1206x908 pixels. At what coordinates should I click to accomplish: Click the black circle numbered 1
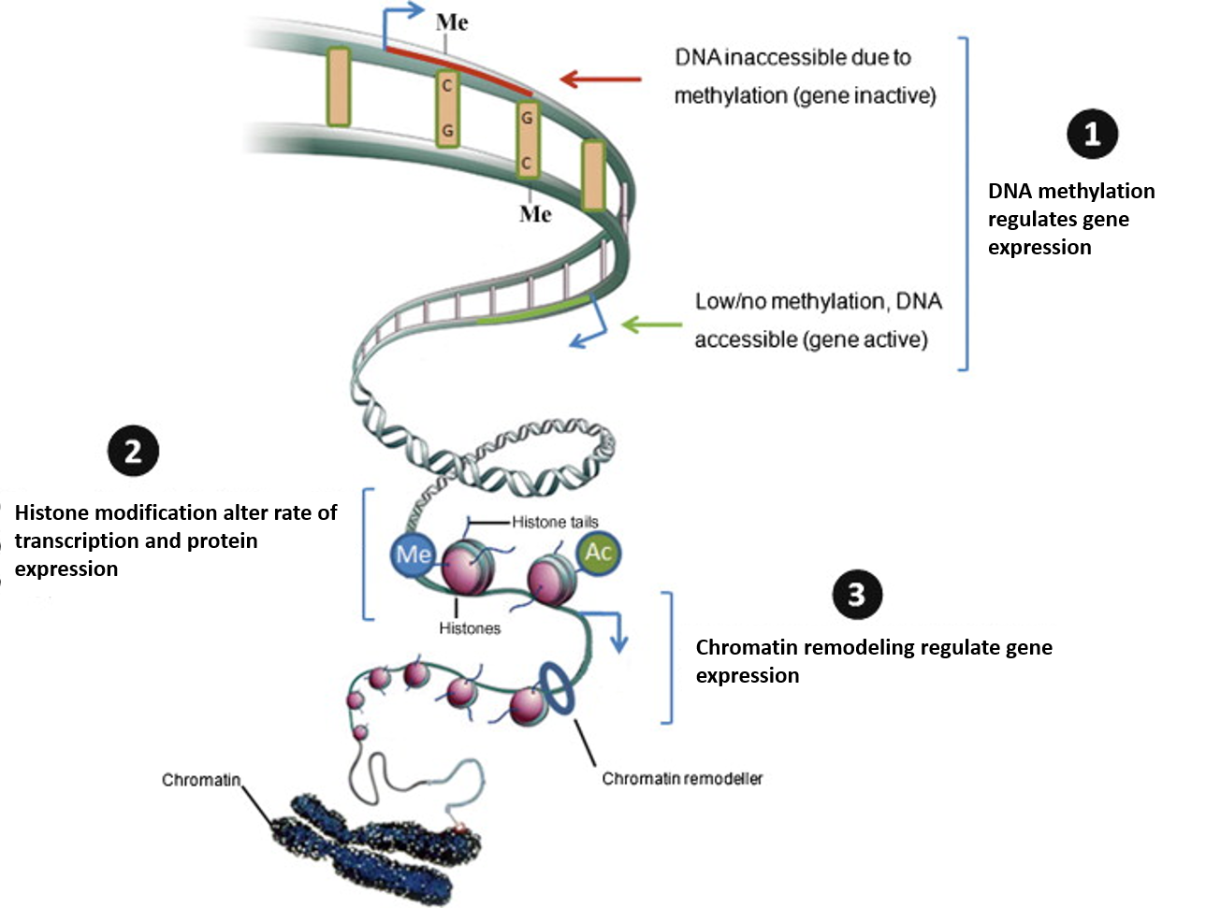(1092, 134)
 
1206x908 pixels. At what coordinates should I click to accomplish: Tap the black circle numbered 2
(134, 451)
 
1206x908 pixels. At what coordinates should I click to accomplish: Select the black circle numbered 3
(857, 595)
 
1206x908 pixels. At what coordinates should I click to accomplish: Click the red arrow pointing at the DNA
(601, 79)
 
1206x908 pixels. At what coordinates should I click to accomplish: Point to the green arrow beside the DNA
(651, 324)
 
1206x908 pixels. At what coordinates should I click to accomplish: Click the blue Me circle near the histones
(413, 555)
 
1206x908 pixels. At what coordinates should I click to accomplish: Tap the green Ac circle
(599, 553)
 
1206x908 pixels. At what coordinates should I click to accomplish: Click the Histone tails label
(555, 522)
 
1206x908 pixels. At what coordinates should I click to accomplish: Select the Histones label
(470, 628)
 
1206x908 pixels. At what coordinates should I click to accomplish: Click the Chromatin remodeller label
(682, 778)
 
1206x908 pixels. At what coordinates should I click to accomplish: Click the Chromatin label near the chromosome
(201, 780)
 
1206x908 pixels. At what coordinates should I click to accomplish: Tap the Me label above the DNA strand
(452, 22)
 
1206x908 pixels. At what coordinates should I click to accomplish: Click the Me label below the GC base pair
(535, 213)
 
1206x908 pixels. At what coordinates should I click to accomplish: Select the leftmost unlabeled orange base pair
(338, 87)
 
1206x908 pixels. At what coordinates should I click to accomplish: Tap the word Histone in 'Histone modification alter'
(52, 512)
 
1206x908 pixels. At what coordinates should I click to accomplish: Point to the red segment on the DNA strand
(459, 70)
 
